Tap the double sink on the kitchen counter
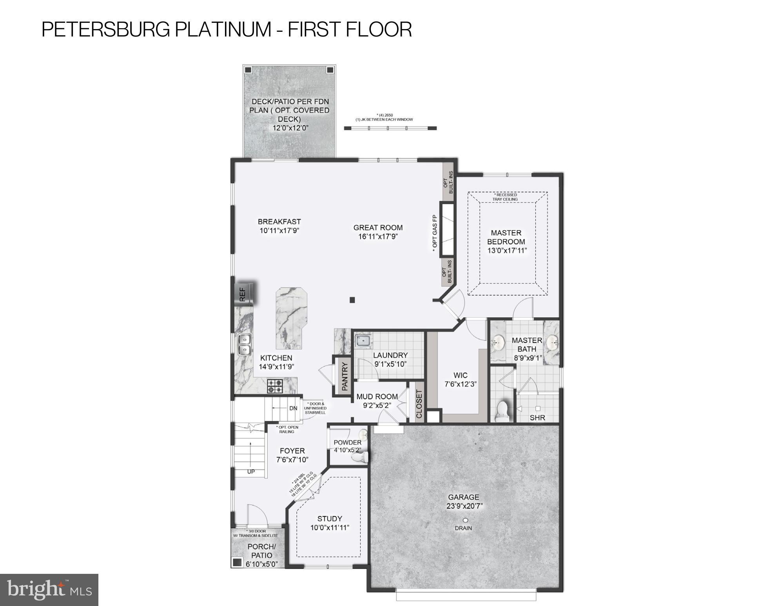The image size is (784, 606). coord(244,344)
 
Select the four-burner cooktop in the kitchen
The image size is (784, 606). coord(275,386)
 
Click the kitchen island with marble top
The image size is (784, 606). coord(291,318)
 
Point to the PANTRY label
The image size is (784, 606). coord(345,376)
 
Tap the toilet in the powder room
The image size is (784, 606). coord(360,457)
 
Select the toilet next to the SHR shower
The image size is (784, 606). coord(501,411)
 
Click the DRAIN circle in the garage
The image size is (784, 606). coord(465,520)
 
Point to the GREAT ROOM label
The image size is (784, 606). coord(378,227)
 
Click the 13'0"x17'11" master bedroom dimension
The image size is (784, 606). coord(507,251)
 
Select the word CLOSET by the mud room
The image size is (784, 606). coord(419,404)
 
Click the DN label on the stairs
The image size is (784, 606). coord(293,408)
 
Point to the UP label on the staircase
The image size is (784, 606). coord(251,471)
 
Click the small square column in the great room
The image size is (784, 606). coord(352,300)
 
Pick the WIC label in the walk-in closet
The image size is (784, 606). coord(460,375)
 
